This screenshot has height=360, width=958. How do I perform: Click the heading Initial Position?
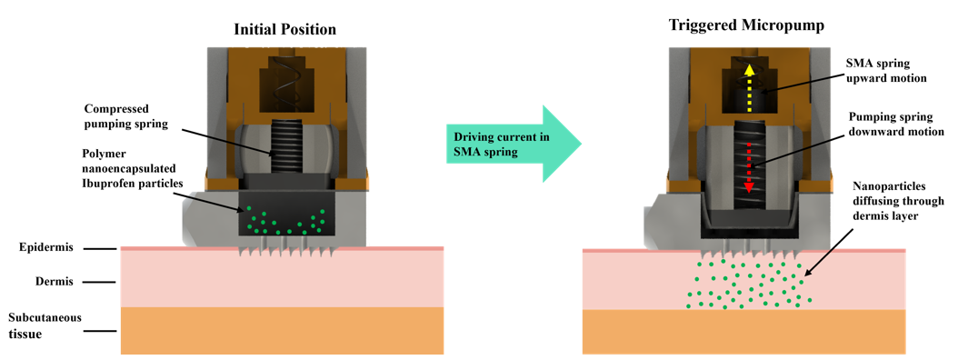[284, 29]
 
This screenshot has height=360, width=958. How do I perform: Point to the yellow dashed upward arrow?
[748, 85]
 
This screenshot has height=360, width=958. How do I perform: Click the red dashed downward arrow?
[748, 167]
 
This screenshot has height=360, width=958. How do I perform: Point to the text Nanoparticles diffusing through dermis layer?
[894, 201]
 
